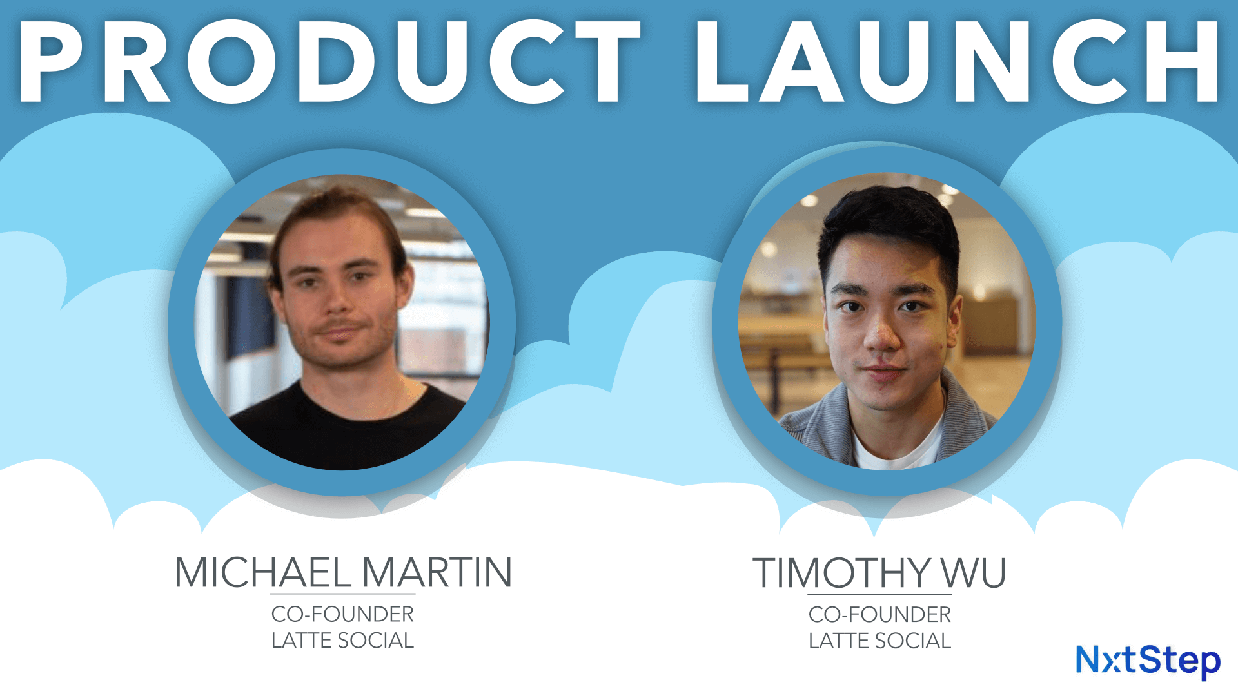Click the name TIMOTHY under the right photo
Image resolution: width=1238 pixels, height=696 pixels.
tap(841, 572)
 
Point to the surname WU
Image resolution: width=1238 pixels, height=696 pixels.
tap(973, 572)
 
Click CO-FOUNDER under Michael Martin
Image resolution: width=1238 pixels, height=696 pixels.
tap(342, 614)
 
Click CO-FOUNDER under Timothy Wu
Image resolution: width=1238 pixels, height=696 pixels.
tap(879, 615)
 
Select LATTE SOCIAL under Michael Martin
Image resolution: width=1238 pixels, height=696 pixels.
tap(342, 641)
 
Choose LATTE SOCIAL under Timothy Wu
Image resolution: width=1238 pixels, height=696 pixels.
tap(879, 641)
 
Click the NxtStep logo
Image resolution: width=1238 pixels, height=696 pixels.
tap(1148, 661)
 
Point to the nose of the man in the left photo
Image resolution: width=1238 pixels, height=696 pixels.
tap(335, 303)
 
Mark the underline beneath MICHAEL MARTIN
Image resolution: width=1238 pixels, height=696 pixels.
tap(342, 594)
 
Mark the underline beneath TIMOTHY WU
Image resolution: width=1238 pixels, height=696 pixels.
tap(879, 594)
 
